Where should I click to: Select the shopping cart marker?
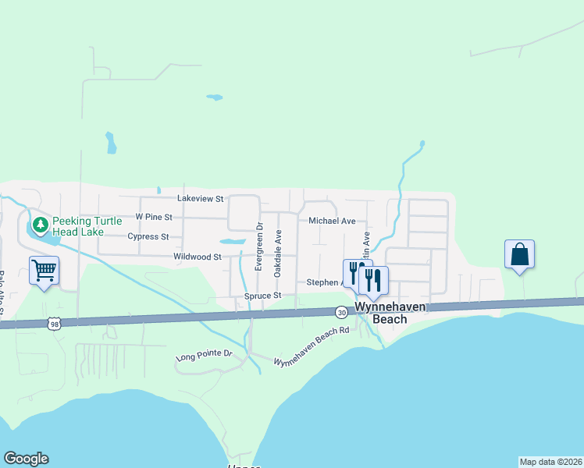(x=45, y=271)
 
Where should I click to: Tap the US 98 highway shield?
(x=53, y=323)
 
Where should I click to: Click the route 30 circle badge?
(x=342, y=312)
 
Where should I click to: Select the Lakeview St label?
(x=201, y=199)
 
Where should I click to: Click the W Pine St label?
(x=153, y=216)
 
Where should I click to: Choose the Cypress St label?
(x=148, y=236)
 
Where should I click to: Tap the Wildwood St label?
(x=198, y=256)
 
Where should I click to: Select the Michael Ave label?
(x=332, y=222)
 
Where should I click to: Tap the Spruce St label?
(x=262, y=296)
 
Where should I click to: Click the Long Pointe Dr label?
(x=205, y=356)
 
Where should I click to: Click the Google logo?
(x=26, y=459)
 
